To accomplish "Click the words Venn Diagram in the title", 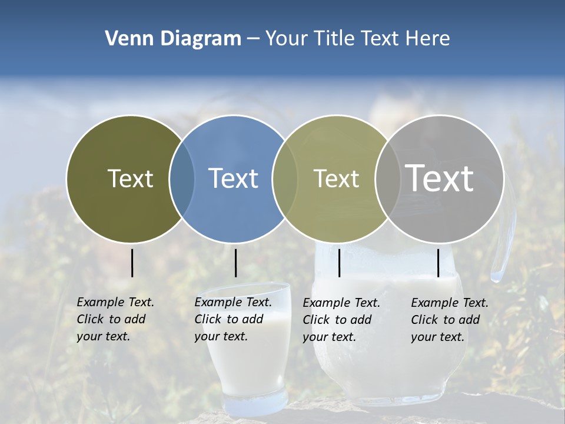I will coord(172,39).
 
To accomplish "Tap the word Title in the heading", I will coord(334,39).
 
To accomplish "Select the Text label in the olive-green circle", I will coord(130,178).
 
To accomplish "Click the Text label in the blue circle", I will coord(233,178).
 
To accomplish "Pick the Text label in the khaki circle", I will coord(336,178).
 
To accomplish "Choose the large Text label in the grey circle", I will coord(439,178).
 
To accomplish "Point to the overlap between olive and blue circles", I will coord(182,179).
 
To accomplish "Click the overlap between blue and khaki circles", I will coord(285,179).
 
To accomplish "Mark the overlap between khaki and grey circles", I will coord(387,179).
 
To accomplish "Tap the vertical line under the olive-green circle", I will coord(132,263).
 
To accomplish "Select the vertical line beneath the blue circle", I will coord(235,263).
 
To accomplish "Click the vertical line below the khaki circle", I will coord(339,263).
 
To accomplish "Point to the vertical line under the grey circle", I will coord(438,263).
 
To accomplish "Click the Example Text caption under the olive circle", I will coord(115,319).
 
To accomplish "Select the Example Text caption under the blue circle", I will coord(232,319).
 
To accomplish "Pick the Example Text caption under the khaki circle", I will coord(341,320).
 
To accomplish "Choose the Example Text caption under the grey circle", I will coord(449,320).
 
